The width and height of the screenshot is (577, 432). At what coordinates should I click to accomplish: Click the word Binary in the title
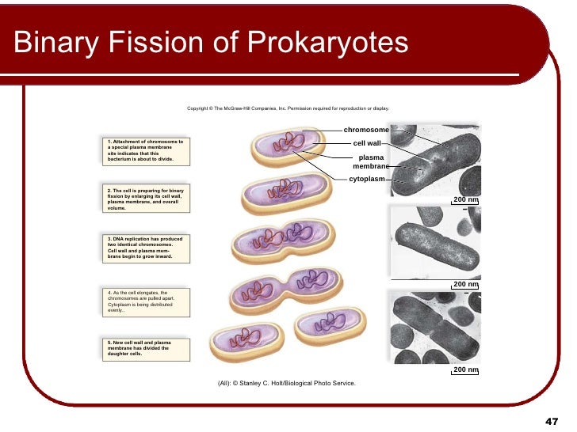tap(54, 43)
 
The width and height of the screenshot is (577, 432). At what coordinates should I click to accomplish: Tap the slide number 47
tap(552, 420)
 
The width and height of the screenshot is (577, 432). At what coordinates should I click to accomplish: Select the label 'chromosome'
tap(366, 130)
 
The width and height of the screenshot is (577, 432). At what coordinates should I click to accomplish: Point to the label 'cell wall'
tap(367, 143)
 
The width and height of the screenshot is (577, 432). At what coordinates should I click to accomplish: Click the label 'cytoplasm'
tap(367, 179)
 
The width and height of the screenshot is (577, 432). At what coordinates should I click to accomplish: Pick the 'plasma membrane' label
tap(371, 162)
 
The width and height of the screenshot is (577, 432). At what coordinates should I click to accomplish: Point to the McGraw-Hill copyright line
tap(288, 108)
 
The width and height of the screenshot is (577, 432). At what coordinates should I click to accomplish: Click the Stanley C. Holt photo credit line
tap(287, 383)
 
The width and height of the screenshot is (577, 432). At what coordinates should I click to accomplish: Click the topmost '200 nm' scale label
tap(465, 199)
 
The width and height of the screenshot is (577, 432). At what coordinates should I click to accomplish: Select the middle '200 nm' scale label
tap(465, 284)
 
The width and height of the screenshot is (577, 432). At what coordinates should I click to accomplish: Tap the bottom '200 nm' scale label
tap(465, 369)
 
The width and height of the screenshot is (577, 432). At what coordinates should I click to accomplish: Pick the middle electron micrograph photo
tap(435, 243)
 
